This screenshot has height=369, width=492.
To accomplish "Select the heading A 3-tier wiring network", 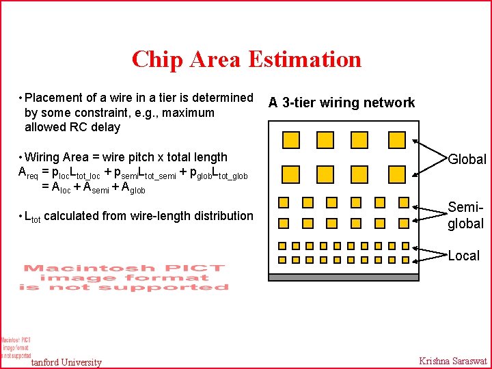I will tap(341, 102).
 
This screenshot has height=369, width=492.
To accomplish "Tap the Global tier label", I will tap(467, 159).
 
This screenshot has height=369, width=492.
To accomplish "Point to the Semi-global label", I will tap(465, 215).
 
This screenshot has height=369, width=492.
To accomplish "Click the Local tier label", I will tap(463, 256).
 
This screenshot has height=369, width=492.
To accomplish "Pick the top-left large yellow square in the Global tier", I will tap(290, 140).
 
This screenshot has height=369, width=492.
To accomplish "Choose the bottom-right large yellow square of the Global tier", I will tap(396, 170).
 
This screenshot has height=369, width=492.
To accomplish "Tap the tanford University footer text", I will tap(67, 362).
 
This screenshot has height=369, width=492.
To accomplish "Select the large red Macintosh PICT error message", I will tap(125, 277).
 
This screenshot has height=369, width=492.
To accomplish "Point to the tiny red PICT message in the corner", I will tap(16, 347).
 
